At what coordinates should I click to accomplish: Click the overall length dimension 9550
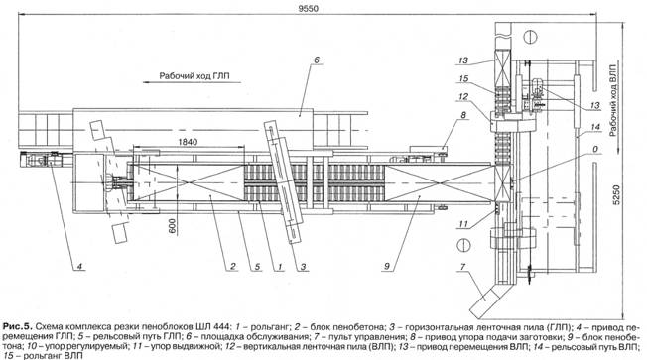click(309, 8)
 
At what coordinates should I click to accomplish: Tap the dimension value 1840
click(188, 142)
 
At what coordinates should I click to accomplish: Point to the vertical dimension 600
click(172, 226)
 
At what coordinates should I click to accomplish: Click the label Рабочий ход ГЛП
click(194, 76)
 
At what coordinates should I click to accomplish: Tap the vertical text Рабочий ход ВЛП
click(613, 100)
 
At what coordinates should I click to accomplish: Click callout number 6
click(317, 60)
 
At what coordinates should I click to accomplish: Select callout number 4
click(80, 267)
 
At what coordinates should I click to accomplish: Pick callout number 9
click(387, 267)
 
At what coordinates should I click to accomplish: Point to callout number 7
click(462, 267)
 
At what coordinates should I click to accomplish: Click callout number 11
click(463, 224)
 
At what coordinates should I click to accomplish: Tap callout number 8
click(463, 115)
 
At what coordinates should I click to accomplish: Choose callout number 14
click(595, 127)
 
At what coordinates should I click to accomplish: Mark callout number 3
click(304, 267)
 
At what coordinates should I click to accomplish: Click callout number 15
click(463, 78)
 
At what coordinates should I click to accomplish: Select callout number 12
click(463, 97)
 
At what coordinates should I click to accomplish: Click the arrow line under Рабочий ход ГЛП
click(192, 82)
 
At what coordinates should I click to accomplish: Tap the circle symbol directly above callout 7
click(463, 246)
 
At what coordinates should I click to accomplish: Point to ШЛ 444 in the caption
click(215, 327)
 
